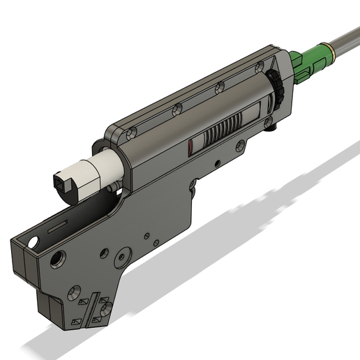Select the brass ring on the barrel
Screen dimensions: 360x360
334,47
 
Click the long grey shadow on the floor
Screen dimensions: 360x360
209,237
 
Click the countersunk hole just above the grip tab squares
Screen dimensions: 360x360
73,288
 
